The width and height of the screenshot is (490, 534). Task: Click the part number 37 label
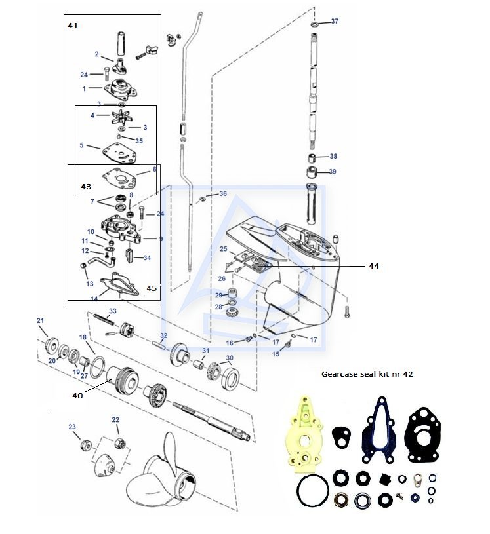point(335,22)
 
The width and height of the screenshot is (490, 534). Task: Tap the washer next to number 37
point(316,24)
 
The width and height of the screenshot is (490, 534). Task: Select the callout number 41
point(73,25)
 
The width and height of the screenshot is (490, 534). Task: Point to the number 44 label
point(374,267)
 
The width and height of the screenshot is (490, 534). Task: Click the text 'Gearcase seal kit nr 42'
point(367,374)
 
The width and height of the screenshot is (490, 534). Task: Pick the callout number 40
point(78,395)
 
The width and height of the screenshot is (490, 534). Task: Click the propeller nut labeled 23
point(85,445)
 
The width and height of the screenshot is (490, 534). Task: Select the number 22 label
point(115,420)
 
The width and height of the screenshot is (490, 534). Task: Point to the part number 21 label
point(40,320)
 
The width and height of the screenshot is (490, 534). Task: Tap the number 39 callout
point(333,172)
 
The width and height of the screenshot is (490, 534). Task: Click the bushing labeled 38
point(314,159)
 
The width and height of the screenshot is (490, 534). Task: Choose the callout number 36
point(223,194)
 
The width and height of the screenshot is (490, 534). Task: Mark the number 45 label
point(152,288)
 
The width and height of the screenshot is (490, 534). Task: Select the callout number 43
point(86,187)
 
